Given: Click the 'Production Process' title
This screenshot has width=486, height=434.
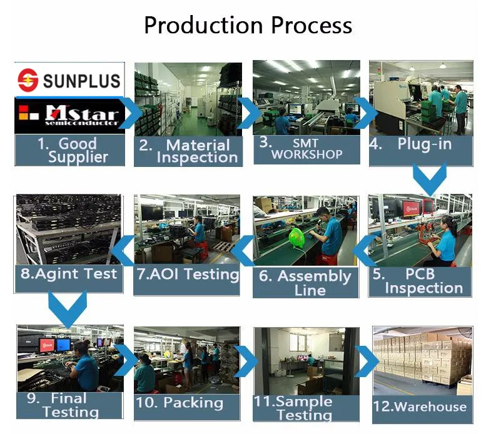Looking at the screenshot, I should coord(248,26).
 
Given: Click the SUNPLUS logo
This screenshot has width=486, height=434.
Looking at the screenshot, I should coord(68,79).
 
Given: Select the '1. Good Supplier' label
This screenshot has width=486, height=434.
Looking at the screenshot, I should coord(69,150).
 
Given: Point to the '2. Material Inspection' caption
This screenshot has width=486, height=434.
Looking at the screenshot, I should coord(188,151).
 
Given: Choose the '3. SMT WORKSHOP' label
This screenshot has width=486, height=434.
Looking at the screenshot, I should coord(306,149).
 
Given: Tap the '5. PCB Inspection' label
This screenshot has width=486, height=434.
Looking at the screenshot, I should coord(420,281).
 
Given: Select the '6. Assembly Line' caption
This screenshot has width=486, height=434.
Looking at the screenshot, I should coord(305,283).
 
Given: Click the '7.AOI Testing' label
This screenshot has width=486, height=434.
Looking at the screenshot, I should coord(188,274).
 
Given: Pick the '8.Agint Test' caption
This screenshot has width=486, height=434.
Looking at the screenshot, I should coord(69,273).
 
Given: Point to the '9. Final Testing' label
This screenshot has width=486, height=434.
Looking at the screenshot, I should coord(69,405).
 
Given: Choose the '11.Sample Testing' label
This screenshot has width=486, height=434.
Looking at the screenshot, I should coord(305,408).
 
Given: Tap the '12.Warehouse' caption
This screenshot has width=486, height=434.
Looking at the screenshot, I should coord(420,407).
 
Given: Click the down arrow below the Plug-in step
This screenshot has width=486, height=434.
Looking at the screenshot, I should coord(429,179).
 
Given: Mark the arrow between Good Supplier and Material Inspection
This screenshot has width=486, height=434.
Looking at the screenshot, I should coord(131,113).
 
